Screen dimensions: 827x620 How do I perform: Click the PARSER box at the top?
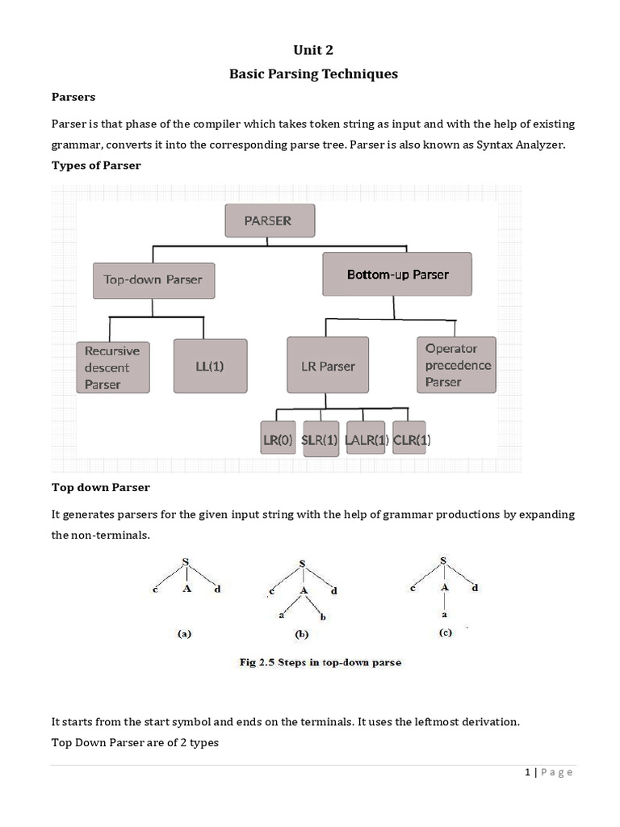click(x=269, y=220)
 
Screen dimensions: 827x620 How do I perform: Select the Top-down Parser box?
click(x=153, y=280)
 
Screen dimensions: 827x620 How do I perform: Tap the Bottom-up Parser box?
click(x=397, y=275)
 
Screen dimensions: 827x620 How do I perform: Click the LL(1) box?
click(x=210, y=366)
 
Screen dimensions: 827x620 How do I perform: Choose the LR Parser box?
click(x=328, y=366)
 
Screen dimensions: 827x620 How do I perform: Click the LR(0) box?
click(x=278, y=440)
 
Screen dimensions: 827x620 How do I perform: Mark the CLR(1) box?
click(x=412, y=440)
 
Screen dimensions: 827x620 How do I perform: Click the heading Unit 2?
click(x=313, y=50)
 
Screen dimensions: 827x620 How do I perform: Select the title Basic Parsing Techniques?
click(x=313, y=74)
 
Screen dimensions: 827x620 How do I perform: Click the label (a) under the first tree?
click(x=184, y=634)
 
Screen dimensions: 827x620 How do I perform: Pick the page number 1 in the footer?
click(x=528, y=772)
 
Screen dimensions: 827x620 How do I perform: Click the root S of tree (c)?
click(x=443, y=560)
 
